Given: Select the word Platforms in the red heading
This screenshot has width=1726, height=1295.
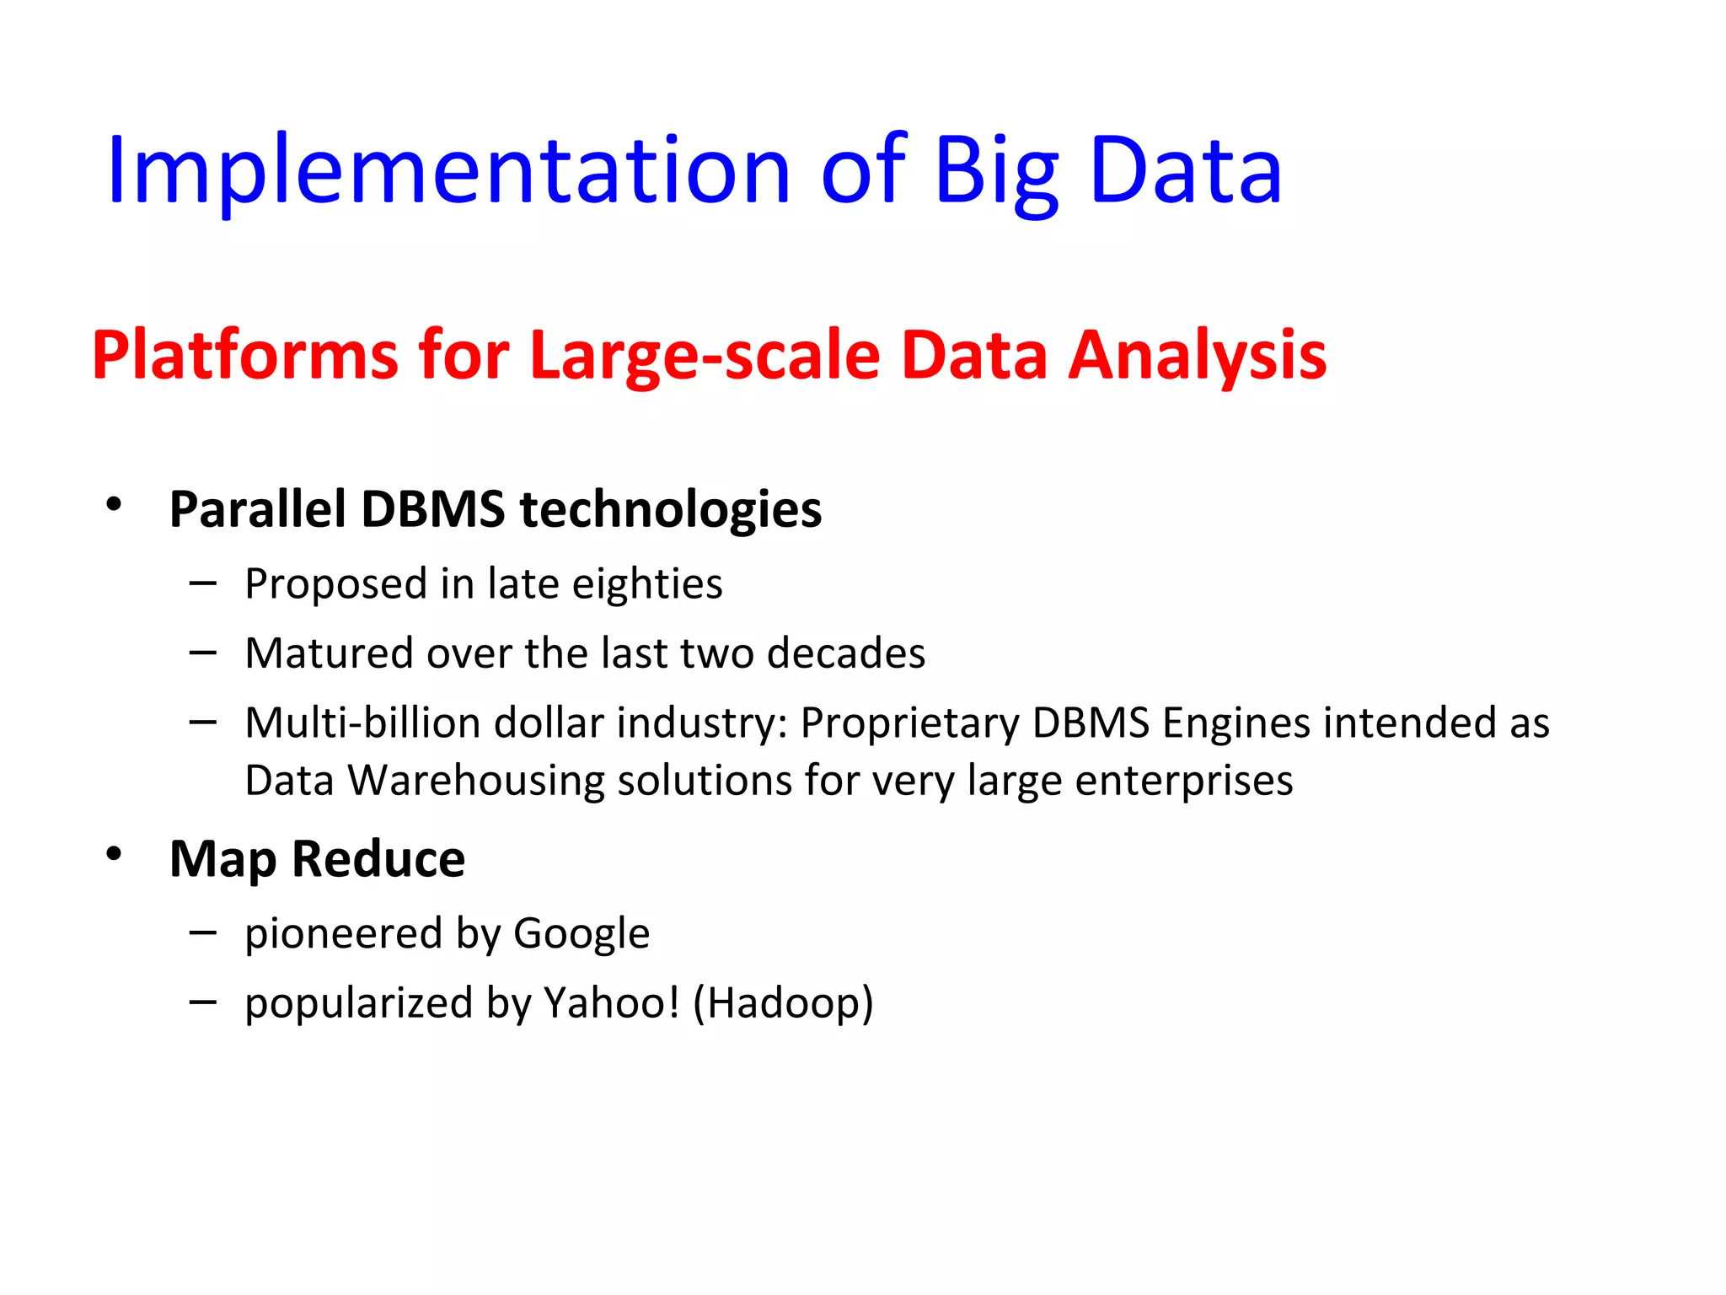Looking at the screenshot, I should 244,355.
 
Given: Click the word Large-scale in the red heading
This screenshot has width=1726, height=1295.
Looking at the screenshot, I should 705,355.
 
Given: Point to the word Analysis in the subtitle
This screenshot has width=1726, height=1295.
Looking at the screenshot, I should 1197,355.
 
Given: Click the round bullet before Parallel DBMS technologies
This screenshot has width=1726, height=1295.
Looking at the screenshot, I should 114,505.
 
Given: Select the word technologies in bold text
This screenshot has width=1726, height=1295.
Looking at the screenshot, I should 671,509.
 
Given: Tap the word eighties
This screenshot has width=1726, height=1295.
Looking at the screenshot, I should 647,583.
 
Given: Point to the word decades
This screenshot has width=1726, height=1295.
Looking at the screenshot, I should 846,653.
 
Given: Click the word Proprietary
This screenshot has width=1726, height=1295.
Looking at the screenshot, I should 909,723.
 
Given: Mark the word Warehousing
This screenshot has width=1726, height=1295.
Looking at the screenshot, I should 475,780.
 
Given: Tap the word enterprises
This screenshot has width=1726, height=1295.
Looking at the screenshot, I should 1184,780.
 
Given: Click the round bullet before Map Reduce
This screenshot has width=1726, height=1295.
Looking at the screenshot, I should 114,855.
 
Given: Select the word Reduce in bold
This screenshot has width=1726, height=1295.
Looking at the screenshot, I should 378,859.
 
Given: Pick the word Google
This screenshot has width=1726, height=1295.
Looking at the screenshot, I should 582,933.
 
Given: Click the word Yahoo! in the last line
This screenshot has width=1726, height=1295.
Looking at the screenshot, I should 611,1002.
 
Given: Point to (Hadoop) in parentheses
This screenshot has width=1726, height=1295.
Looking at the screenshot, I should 783,1002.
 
